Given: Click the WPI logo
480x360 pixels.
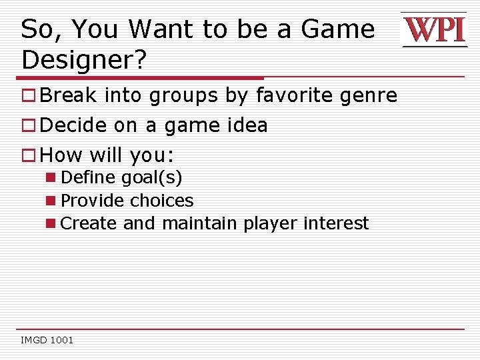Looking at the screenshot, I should tap(434, 30).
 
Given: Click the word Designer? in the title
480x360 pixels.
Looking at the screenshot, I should tap(84, 60).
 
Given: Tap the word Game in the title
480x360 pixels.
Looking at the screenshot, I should tap(338, 29).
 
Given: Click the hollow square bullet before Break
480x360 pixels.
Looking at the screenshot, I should tap(29, 96).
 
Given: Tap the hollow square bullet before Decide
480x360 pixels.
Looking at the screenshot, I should tap(29, 126).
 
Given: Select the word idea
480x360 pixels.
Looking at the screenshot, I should tap(246, 125).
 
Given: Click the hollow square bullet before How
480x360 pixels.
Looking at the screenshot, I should tap(29, 156).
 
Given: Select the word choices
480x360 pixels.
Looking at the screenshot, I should tap(162, 201).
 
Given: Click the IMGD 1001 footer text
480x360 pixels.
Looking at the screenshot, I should tap(47, 341).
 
